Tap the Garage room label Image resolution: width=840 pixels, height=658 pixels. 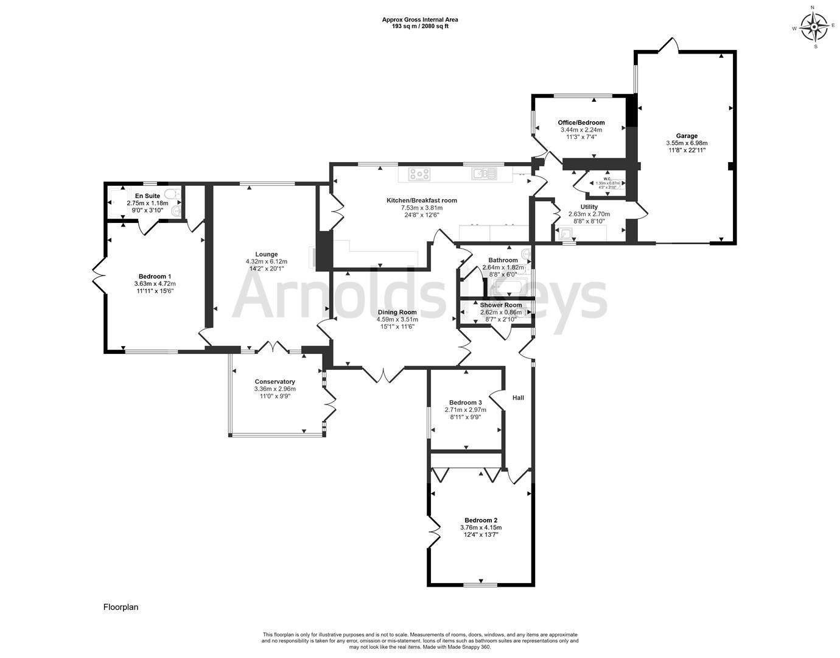[687, 136]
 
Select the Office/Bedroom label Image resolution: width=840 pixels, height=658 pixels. [581, 122]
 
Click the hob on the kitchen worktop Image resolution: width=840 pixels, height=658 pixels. [419, 174]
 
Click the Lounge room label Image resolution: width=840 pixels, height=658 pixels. [266, 254]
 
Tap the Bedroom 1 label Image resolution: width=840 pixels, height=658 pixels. [155, 276]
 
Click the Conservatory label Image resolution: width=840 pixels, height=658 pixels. [275, 381]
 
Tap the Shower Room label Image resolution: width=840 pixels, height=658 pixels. [500, 305]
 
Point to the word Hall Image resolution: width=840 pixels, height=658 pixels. [518, 398]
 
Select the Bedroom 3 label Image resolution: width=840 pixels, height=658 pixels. [466, 402]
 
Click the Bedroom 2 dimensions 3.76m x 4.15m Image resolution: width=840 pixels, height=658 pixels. [481, 528]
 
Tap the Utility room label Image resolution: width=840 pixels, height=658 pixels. [589, 207]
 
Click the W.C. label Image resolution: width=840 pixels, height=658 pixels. [607, 179]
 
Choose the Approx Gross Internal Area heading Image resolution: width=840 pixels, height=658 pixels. [420, 19]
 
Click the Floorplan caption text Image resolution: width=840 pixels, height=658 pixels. [121, 607]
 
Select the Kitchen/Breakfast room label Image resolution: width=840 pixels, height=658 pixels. [421, 200]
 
